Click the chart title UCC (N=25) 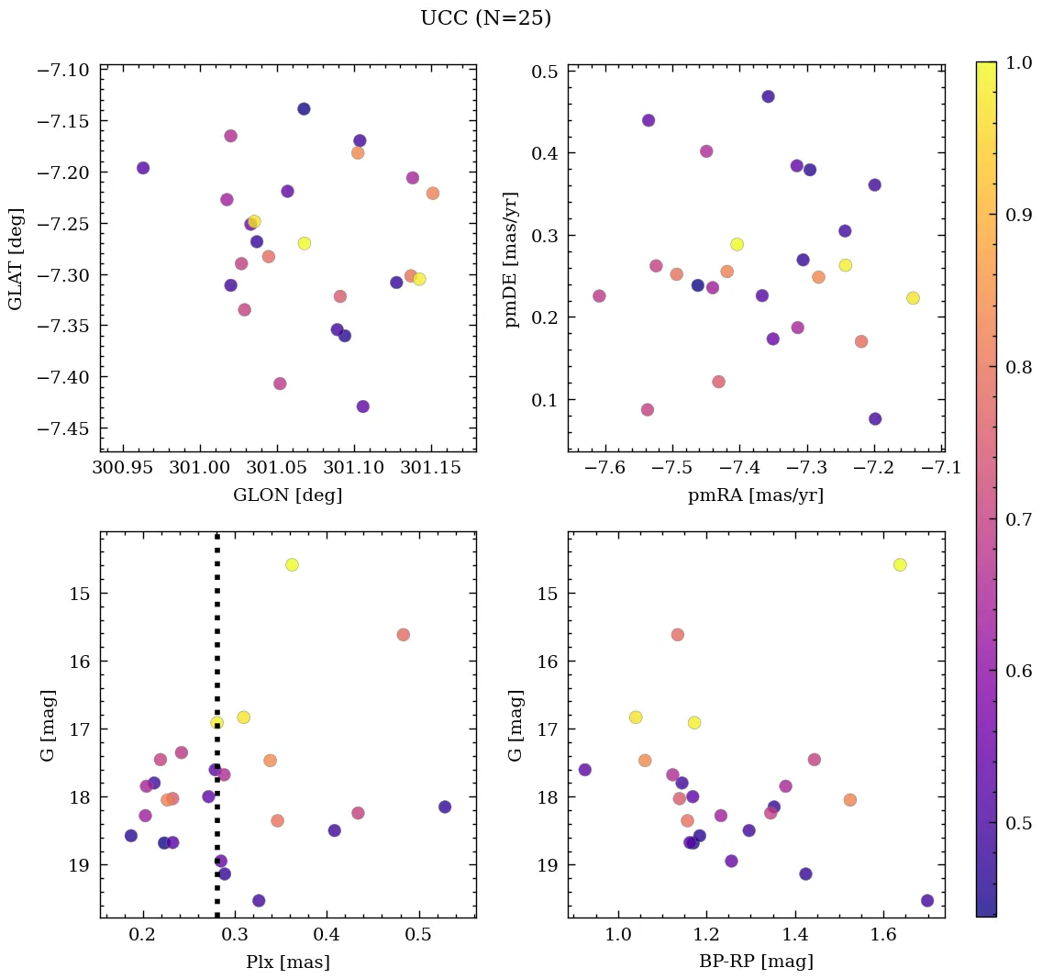pos(485,18)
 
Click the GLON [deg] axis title pos(288,495)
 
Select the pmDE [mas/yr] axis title pos(513,259)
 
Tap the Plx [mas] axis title pos(288,962)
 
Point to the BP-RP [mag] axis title pos(756,962)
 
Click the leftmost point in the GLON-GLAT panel pos(143,168)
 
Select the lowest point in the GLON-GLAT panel pos(363,406)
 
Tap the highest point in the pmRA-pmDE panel pos(768,96)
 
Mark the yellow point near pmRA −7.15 pos(913,298)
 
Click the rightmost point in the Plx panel pos(445,807)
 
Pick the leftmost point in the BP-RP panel pos(585,770)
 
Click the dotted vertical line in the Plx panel pos(217,642)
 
